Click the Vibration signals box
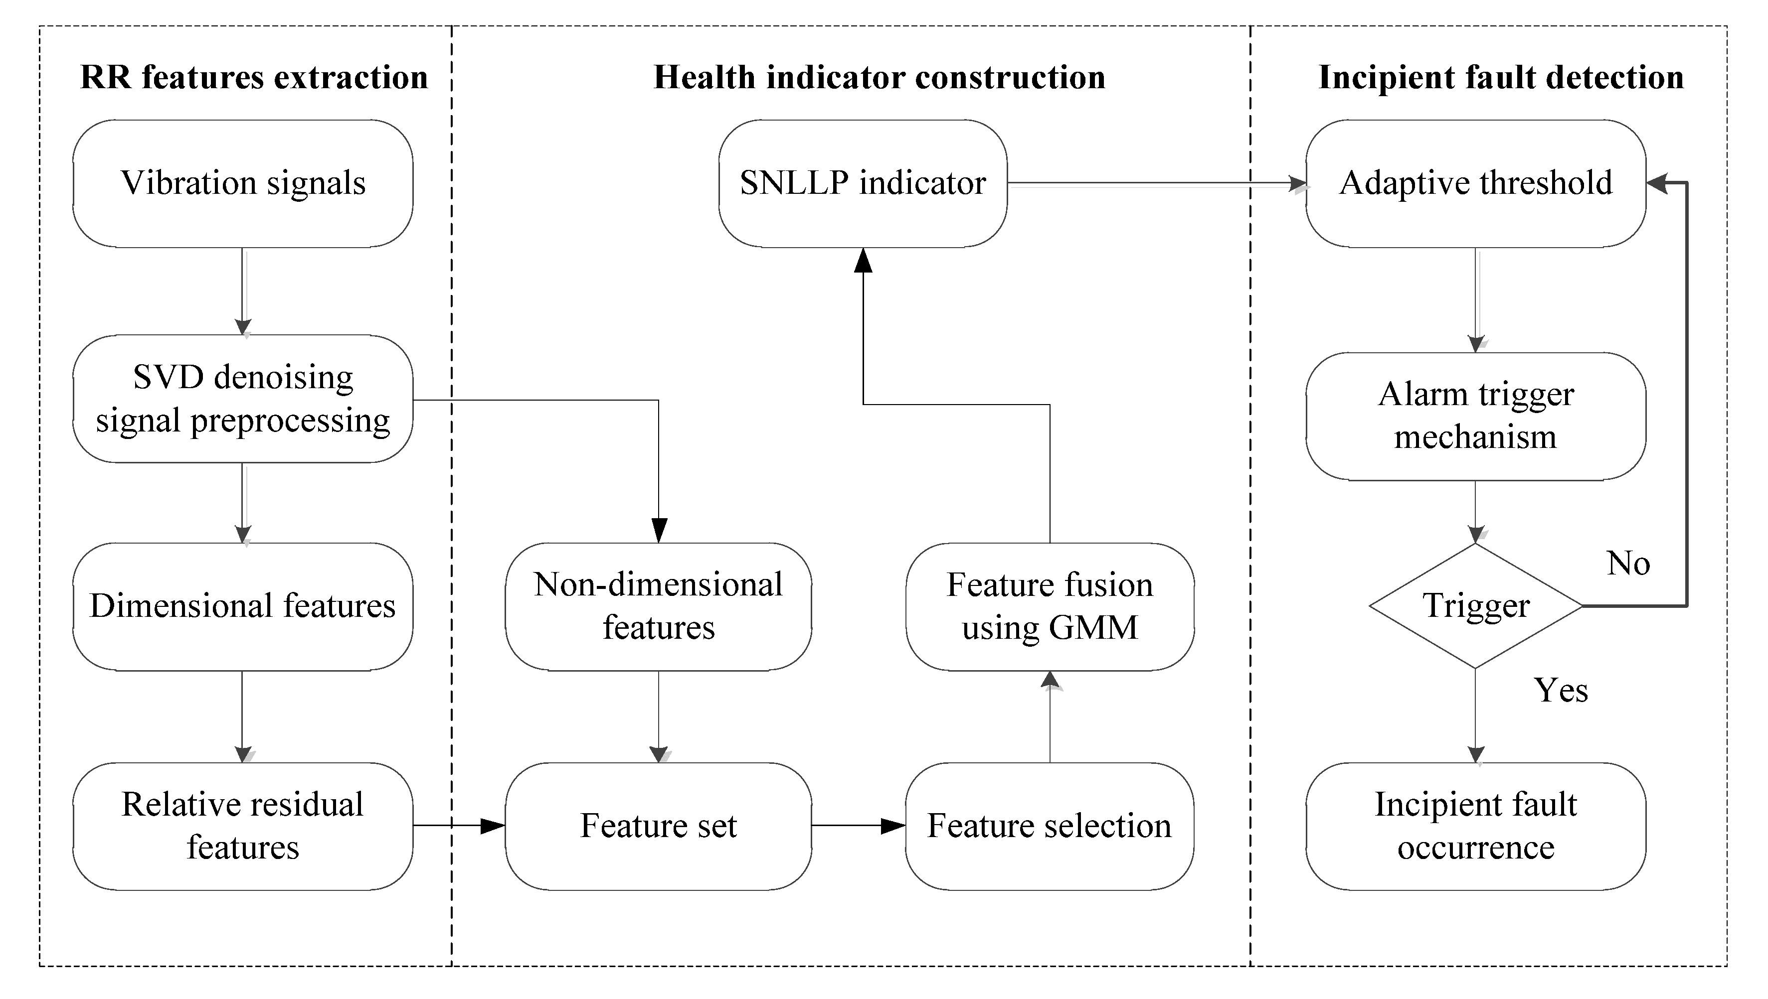point(243,183)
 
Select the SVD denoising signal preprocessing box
point(243,399)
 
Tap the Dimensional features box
point(243,606)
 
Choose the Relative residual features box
point(243,826)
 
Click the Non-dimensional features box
point(659,606)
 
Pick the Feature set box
point(659,826)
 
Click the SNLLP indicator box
point(863,183)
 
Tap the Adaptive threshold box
point(1475,183)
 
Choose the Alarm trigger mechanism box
point(1475,416)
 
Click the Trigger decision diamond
point(1475,606)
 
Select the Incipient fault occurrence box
point(1475,826)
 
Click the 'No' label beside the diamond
point(1628,564)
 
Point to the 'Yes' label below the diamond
point(1561,690)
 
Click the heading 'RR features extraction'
point(254,77)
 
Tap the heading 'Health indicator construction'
point(880,77)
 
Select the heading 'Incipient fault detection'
point(1502,77)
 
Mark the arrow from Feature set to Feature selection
point(858,826)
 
